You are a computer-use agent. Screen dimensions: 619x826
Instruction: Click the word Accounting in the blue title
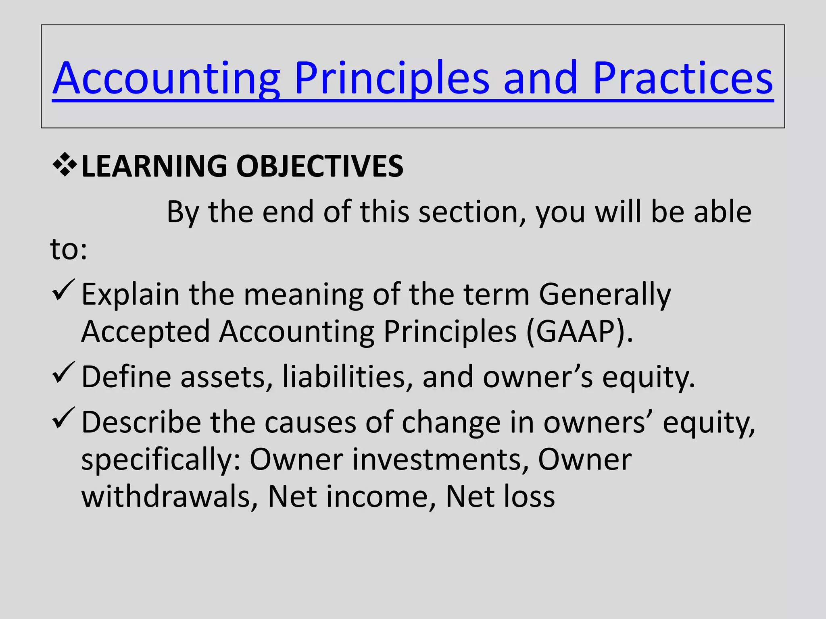pyautogui.click(x=167, y=79)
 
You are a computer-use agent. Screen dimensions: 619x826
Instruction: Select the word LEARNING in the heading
pyautogui.click(x=154, y=166)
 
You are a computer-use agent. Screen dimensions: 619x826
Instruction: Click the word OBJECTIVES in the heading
pyautogui.click(x=319, y=166)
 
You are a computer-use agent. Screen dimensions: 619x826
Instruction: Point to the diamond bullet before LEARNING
pyautogui.click(x=65, y=165)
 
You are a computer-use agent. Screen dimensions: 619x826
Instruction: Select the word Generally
pyautogui.click(x=605, y=294)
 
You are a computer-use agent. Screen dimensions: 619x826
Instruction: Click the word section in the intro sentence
pyautogui.click(x=472, y=212)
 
